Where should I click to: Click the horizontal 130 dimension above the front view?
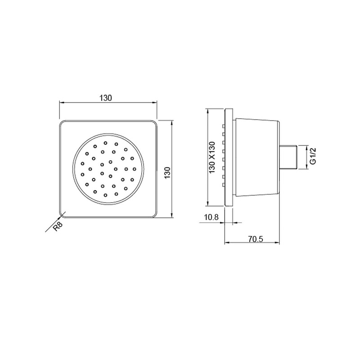106,97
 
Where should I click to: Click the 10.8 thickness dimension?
211,217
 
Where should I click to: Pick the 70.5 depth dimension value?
255,239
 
